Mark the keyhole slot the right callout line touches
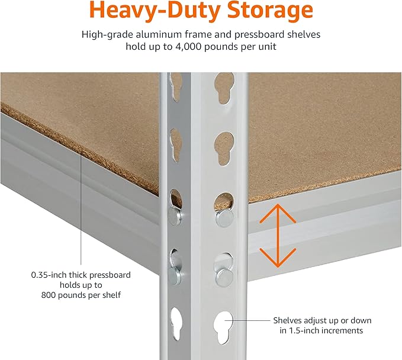224,323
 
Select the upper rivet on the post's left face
175,216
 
